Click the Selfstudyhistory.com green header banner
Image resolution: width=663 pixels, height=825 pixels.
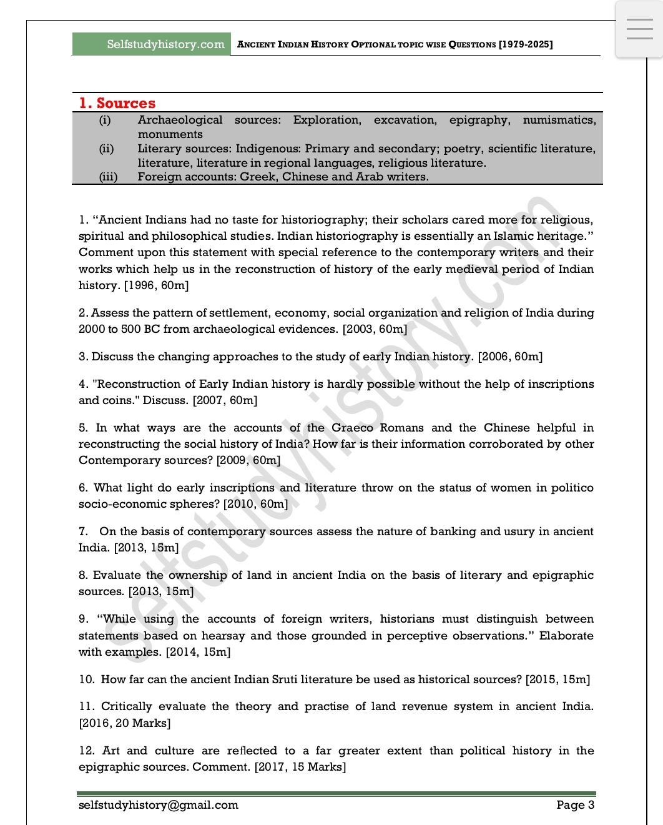[x=151, y=44]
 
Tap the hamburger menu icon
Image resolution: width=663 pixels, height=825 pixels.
[x=639, y=29]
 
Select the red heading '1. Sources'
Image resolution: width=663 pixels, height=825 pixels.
[x=117, y=103]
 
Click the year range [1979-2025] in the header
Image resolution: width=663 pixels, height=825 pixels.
[x=526, y=44]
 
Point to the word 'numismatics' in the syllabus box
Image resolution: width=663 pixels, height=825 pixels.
[x=559, y=120]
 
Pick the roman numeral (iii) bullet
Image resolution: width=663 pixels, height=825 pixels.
[x=108, y=177]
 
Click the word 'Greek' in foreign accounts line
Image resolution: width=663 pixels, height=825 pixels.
[x=257, y=177]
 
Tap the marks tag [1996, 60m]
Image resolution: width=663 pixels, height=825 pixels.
[x=156, y=285]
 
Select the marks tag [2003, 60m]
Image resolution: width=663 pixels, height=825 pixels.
[x=375, y=329]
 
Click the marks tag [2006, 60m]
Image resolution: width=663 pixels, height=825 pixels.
[x=510, y=357]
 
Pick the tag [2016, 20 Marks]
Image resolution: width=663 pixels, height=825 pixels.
[x=125, y=723]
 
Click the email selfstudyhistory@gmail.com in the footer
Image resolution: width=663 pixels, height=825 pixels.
[x=159, y=805]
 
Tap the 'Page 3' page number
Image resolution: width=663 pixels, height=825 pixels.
[x=575, y=805]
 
